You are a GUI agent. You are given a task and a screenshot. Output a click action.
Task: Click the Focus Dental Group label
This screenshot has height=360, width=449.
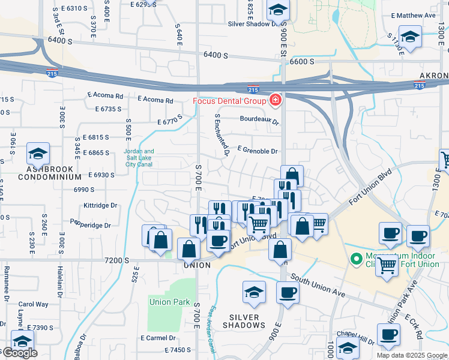click(229, 101)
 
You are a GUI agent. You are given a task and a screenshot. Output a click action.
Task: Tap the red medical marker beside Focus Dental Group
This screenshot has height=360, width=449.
click(276, 100)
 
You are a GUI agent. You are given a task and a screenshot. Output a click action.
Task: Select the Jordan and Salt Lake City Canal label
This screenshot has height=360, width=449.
click(139, 158)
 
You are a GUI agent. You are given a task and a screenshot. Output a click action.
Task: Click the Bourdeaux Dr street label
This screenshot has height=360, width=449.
click(260, 119)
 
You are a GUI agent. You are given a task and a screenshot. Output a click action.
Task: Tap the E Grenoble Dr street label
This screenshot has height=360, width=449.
click(258, 151)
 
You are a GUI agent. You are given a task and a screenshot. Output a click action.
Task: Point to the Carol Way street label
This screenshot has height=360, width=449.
click(33, 304)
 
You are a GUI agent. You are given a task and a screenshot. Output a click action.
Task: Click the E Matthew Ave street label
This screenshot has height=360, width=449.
click(413, 16)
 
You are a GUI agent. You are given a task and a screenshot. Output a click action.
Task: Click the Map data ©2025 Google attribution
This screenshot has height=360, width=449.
click(411, 355)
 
